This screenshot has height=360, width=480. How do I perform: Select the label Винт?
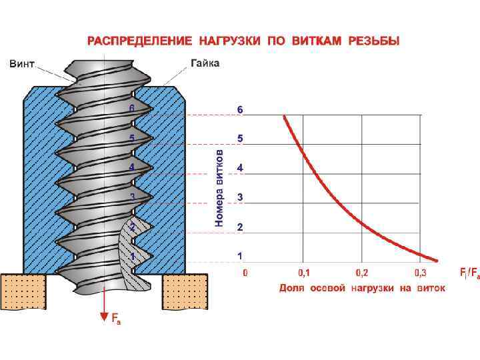[x=22, y=64]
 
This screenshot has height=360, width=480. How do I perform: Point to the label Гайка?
[x=205, y=64]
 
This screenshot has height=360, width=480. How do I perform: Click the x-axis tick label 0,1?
[x=304, y=273]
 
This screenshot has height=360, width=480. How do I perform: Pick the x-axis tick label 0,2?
[x=362, y=273]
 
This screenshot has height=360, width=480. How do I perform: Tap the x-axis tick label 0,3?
[x=421, y=273]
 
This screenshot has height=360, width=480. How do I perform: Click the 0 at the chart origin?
[x=245, y=273]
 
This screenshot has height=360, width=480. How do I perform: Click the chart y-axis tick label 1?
[x=240, y=256]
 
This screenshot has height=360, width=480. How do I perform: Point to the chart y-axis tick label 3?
[x=240, y=198]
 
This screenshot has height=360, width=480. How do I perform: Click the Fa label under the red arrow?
[x=116, y=321]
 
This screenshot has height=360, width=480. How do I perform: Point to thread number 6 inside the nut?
[x=132, y=108]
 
